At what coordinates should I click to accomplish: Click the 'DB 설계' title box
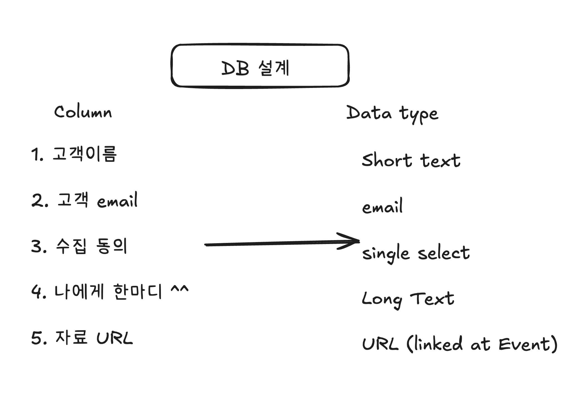260,66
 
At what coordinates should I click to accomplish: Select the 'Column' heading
83,112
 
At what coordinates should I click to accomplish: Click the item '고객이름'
85,154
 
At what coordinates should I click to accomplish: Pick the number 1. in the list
37,155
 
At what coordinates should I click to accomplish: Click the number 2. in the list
40,201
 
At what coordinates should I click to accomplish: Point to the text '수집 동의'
91,246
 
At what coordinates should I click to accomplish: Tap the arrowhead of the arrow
358,241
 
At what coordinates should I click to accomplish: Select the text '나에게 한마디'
108,292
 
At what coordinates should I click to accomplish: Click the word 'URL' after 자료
114,338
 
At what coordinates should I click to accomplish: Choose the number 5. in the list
39,338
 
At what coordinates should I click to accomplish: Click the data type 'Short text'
411,160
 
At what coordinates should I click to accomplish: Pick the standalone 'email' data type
382,206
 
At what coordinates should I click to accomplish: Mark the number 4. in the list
39,292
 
